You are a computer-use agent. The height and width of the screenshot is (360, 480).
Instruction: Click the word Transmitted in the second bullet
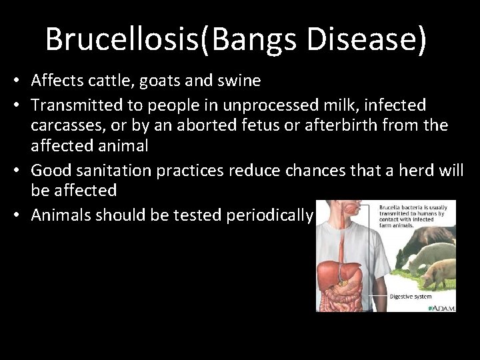[74, 105]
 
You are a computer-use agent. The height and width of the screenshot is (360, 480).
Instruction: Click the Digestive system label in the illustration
[411, 296]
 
